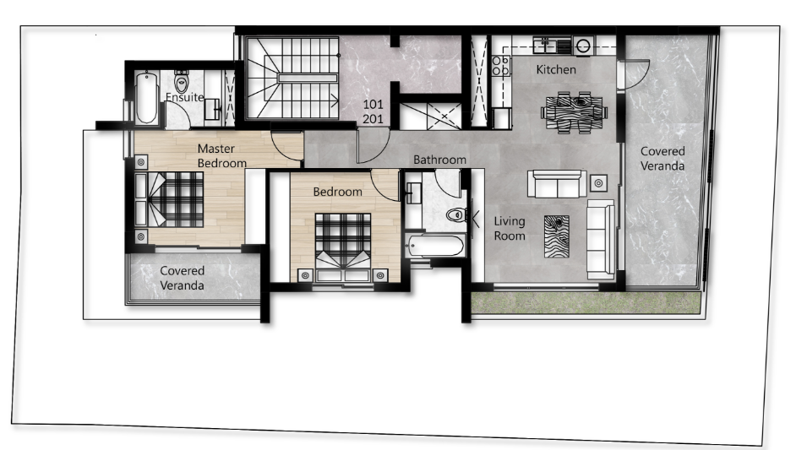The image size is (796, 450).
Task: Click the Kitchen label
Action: (x=556, y=69)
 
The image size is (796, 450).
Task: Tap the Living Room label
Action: (x=510, y=228)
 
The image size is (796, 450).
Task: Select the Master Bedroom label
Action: (x=222, y=155)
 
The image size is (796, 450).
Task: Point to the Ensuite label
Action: (x=185, y=97)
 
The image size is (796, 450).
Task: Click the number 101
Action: (x=373, y=105)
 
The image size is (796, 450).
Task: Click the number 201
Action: (x=373, y=119)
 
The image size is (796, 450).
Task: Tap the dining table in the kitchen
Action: (x=574, y=112)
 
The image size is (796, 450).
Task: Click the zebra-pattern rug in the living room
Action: (x=556, y=236)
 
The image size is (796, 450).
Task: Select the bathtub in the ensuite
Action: (x=147, y=97)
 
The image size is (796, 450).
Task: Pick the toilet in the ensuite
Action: (x=181, y=81)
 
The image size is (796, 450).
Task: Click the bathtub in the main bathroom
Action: (x=435, y=247)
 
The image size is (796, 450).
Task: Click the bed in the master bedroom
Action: (x=169, y=199)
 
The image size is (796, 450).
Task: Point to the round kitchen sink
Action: (x=583, y=46)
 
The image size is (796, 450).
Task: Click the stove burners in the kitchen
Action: (x=500, y=66)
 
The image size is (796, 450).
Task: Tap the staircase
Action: (x=292, y=78)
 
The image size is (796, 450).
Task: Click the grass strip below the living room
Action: (x=586, y=303)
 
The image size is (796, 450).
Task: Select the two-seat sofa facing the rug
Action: (x=557, y=184)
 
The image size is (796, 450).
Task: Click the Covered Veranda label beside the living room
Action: (x=662, y=158)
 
